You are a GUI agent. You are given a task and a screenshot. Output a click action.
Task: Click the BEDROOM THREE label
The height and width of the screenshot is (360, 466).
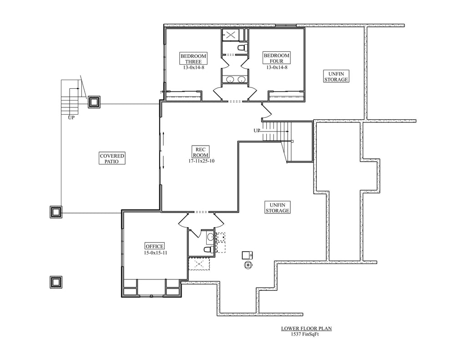(x=193, y=59)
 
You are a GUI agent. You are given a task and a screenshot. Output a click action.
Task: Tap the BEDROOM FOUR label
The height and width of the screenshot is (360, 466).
(x=276, y=58)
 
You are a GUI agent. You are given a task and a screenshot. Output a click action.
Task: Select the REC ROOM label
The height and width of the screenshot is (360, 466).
(x=201, y=152)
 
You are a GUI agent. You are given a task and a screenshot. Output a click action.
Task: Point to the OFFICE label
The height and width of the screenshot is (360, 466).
(x=155, y=246)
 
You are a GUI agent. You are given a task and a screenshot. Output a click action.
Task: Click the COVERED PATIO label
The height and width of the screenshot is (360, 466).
(x=112, y=158)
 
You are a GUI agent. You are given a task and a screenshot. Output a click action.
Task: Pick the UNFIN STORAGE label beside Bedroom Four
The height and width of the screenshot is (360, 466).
(x=336, y=76)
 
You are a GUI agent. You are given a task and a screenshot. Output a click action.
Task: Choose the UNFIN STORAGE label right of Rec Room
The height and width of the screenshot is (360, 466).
(x=277, y=208)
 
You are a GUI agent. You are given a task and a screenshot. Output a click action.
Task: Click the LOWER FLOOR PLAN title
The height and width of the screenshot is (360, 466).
(x=306, y=329)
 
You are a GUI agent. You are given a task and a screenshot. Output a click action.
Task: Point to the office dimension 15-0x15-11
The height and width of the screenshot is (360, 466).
(x=155, y=253)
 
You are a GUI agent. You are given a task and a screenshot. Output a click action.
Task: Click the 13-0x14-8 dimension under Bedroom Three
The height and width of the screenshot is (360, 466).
(x=193, y=67)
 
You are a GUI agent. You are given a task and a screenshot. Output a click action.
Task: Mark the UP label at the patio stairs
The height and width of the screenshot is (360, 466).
(x=71, y=117)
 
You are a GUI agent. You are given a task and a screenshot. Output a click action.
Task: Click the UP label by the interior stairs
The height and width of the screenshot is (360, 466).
(x=257, y=131)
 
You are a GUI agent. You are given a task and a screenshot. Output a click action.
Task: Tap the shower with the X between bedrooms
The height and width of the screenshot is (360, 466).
(x=230, y=35)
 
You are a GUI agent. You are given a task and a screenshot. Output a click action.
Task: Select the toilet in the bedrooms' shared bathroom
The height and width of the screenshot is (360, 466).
(x=242, y=47)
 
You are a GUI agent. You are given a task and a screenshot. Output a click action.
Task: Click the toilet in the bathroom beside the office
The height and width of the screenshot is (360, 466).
(x=209, y=249)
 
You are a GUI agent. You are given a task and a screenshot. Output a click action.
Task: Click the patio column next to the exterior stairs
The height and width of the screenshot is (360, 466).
(x=94, y=102)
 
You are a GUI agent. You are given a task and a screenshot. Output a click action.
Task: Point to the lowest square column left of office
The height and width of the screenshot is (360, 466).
(x=56, y=282)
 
